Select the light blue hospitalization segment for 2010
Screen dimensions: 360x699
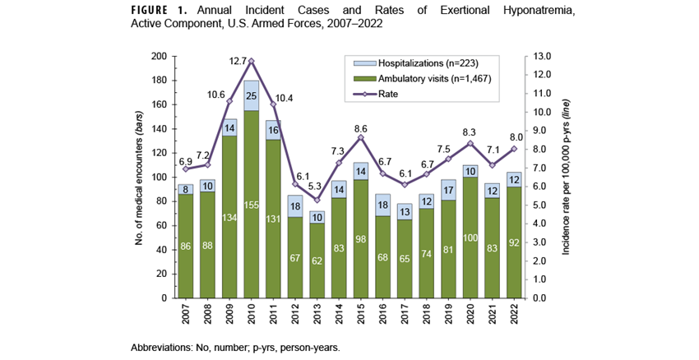pyautogui.click(x=251, y=95)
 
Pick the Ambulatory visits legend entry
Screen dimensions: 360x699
pyautogui.click(x=419, y=78)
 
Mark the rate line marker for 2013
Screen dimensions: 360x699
pyautogui.click(x=316, y=200)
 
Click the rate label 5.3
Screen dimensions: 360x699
pyautogui.click(x=316, y=187)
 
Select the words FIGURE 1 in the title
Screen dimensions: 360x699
pyautogui.click(x=160, y=12)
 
